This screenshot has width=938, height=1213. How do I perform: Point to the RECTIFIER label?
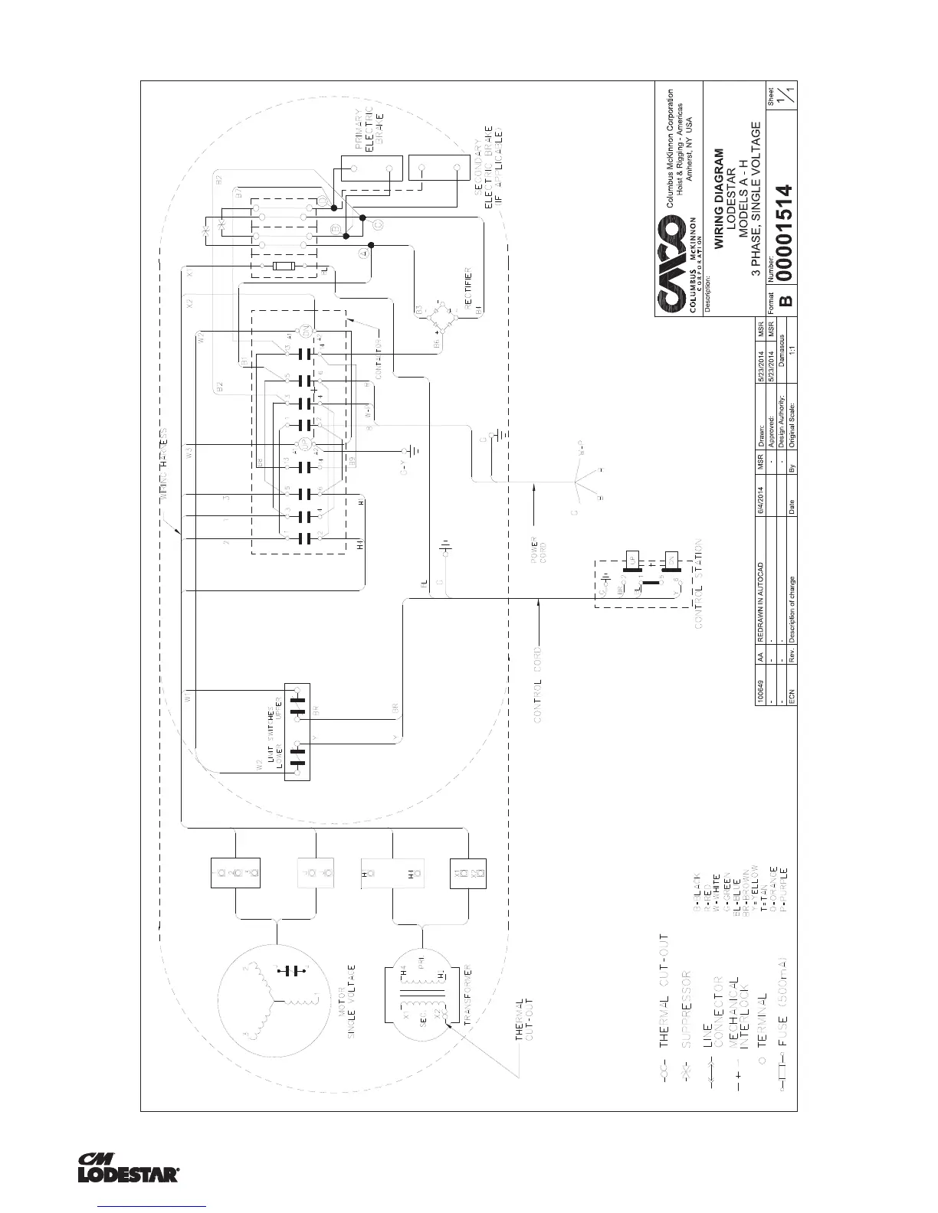467,292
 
